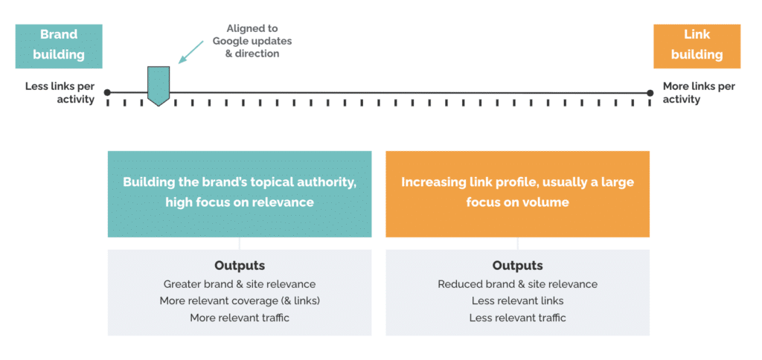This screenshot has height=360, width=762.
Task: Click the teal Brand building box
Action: [59, 45]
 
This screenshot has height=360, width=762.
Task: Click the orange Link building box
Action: [697, 45]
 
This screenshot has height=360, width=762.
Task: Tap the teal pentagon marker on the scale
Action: [159, 85]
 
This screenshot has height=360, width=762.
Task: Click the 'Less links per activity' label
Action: [60, 93]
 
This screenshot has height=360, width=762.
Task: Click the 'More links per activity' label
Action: [699, 93]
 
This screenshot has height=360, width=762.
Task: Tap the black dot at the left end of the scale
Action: [108, 93]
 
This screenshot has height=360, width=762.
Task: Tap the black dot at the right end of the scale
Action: [650, 93]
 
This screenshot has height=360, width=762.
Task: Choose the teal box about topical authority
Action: [240, 193]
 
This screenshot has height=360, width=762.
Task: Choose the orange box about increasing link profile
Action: [517, 193]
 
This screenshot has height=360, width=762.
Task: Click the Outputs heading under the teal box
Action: [240, 266]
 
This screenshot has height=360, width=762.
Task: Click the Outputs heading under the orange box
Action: [517, 266]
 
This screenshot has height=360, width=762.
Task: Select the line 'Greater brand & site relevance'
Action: [240, 284]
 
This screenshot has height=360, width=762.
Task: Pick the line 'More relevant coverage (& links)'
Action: [240, 301]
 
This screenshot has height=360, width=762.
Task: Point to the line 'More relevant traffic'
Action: [240, 318]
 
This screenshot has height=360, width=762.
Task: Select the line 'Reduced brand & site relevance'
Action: [517, 284]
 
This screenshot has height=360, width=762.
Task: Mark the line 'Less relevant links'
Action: [517, 301]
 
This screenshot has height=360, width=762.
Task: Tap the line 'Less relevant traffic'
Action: [517, 318]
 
